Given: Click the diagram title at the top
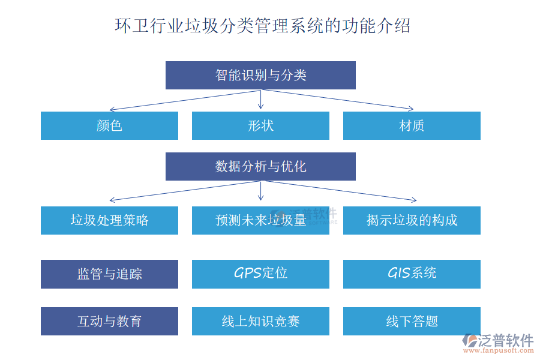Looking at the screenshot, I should pos(262,26).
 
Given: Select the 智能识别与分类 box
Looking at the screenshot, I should pos(260,75).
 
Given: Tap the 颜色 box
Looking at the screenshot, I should pos(109,125).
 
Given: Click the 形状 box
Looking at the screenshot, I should pos(260,125).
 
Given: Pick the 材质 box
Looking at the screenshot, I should pos(412,125).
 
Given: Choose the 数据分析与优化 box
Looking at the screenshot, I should pos(260,166).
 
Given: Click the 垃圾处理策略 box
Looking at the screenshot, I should pos(109,220).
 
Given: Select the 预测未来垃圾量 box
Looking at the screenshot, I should pos(260,220).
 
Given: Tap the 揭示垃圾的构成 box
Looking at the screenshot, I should pos(412,220).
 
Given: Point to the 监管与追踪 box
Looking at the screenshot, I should pos(109,274).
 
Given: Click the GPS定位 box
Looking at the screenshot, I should pos(260,274).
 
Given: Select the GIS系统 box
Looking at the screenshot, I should pos(412,274).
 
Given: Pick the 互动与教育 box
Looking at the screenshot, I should pos(109,321).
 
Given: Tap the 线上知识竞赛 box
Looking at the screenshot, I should pos(260,321).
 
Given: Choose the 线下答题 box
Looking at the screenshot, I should pos(412,321).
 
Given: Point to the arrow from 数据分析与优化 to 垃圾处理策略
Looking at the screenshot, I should pos(185,190).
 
